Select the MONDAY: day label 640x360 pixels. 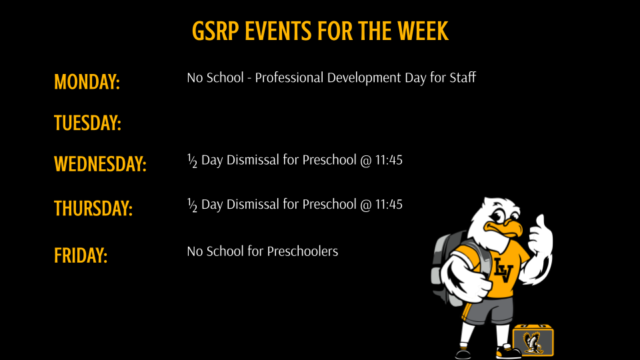(x=87, y=82)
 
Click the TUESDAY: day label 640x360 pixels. (x=87, y=123)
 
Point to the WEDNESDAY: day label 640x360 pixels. (x=100, y=164)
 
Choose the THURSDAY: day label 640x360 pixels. (x=93, y=208)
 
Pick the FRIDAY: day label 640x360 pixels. (x=81, y=255)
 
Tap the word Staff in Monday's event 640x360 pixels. (x=462, y=77)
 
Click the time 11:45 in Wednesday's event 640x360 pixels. (x=389, y=161)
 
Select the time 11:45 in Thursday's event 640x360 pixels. (x=389, y=204)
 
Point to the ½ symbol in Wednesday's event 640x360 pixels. (x=192, y=161)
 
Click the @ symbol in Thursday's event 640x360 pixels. (x=365, y=204)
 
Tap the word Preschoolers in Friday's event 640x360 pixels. (x=303, y=251)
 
